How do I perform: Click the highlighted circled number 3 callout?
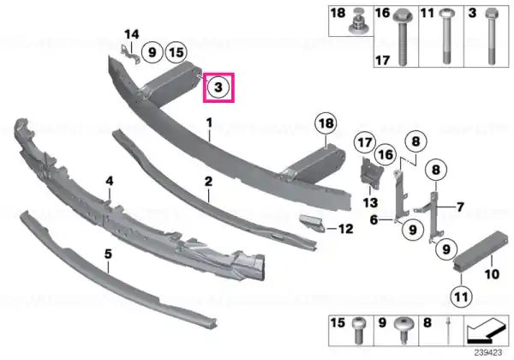pyautogui.click(x=218, y=87)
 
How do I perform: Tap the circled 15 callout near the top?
pyautogui.click(x=176, y=52)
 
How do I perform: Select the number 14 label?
pyautogui.click(x=132, y=34)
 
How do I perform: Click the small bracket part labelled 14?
pyautogui.click(x=129, y=55)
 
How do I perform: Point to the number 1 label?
pyautogui.click(x=209, y=123)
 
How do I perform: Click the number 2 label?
pyautogui.click(x=208, y=182)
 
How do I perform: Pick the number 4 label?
pyautogui.click(x=110, y=181)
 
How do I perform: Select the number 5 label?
pyautogui.click(x=108, y=254)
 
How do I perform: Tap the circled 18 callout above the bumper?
pyautogui.click(x=326, y=123)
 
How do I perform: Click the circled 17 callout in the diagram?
pyautogui.click(x=365, y=142)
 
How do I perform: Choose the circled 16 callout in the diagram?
pyautogui.click(x=385, y=154)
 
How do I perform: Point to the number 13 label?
pyautogui.click(x=370, y=203)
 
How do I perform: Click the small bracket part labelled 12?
pyautogui.click(x=313, y=223)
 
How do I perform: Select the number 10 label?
pyautogui.click(x=492, y=274)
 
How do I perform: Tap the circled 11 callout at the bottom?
pyautogui.click(x=461, y=297)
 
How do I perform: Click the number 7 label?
pyautogui.click(x=461, y=207)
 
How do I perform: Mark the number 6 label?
pyautogui.click(x=374, y=219)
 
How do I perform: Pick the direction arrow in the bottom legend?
pyautogui.click(x=487, y=331)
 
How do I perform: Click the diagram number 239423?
pyautogui.click(x=488, y=352)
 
